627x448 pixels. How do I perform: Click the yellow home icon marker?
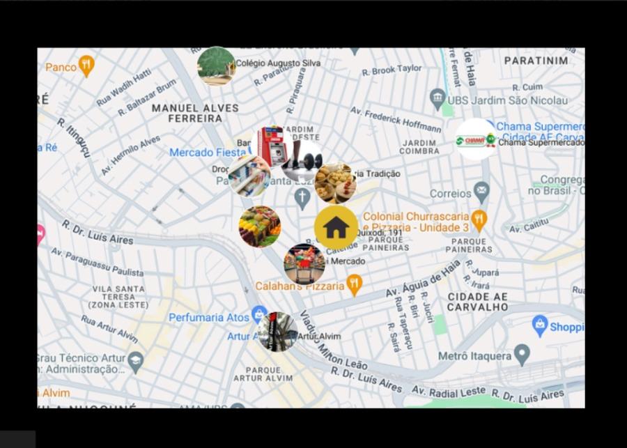click(x=336, y=226)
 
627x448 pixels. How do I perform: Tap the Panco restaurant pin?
click(x=86, y=65)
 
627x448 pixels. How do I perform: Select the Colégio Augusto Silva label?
click(x=278, y=63)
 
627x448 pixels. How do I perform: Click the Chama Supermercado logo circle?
click(x=476, y=139)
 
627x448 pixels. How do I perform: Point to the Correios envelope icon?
click(x=481, y=192)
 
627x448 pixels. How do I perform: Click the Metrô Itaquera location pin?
click(x=522, y=355)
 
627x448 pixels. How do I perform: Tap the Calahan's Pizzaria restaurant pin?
click(x=354, y=284)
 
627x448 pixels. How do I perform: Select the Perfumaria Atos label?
click(x=209, y=318)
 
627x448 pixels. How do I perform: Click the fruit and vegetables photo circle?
click(x=260, y=226)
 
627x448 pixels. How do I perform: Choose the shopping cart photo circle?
click(x=304, y=264)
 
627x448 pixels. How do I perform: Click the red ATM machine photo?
click(x=272, y=146)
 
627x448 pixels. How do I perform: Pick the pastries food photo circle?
click(x=335, y=183)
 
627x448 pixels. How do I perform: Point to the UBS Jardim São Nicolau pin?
click(x=438, y=96)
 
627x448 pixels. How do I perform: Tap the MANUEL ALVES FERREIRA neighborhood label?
click(x=195, y=113)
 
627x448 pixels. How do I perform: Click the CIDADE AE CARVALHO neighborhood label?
click(x=477, y=301)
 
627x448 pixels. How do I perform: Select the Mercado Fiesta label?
click(x=208, y=152)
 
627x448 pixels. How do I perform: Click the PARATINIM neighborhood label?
click(x=536, y=61)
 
